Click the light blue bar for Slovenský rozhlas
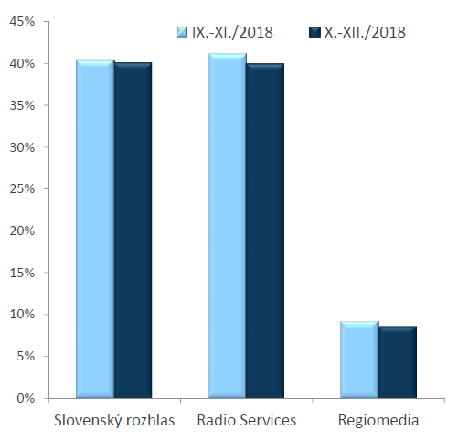[x=95, y=229]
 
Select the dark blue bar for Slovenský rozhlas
[x=133, y=231]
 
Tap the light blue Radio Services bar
[x=228, y=226]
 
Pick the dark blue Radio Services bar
[x=265, y=231]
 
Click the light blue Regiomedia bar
[x=359, y=360]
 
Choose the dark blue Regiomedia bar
[x=398, y=362]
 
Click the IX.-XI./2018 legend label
[x=232, y=32]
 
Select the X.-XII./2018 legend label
[x=365, y=32]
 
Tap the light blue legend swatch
[x=182, y=32]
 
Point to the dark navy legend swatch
[x=314, y=32]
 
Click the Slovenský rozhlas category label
[x=114, y=420]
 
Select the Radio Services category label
[x=247, y=420]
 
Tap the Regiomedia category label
[x=378, y=421]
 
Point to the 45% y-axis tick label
[x=22, y=22]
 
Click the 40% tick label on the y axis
[x=22, y=64]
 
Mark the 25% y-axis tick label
[x=22, y=189]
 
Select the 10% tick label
[x=22, y=315]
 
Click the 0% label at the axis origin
[x=26, y=398]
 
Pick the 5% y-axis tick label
[x=26, y=356]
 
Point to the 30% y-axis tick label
[x=22, y=147]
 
